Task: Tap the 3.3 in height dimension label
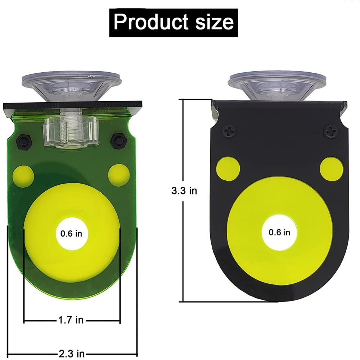click(184, 191)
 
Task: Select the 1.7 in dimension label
click(71, 320)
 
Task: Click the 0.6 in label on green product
click(71, 233)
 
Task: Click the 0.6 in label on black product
click(280, 232)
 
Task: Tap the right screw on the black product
click(330, 131)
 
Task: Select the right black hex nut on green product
click(117, 140)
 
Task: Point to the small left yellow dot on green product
click(23, 176)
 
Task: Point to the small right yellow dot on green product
click(119, 174)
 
